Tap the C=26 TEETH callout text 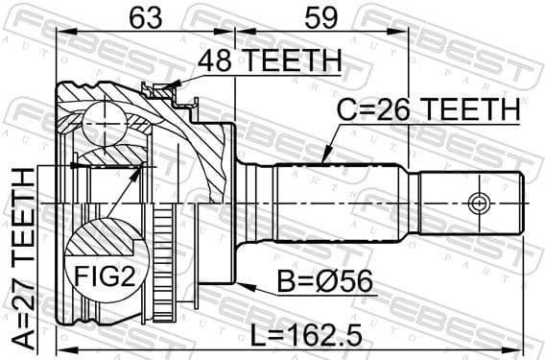coord(427,110)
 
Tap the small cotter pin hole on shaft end coord(477,203)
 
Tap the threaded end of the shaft coord(470,203)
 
